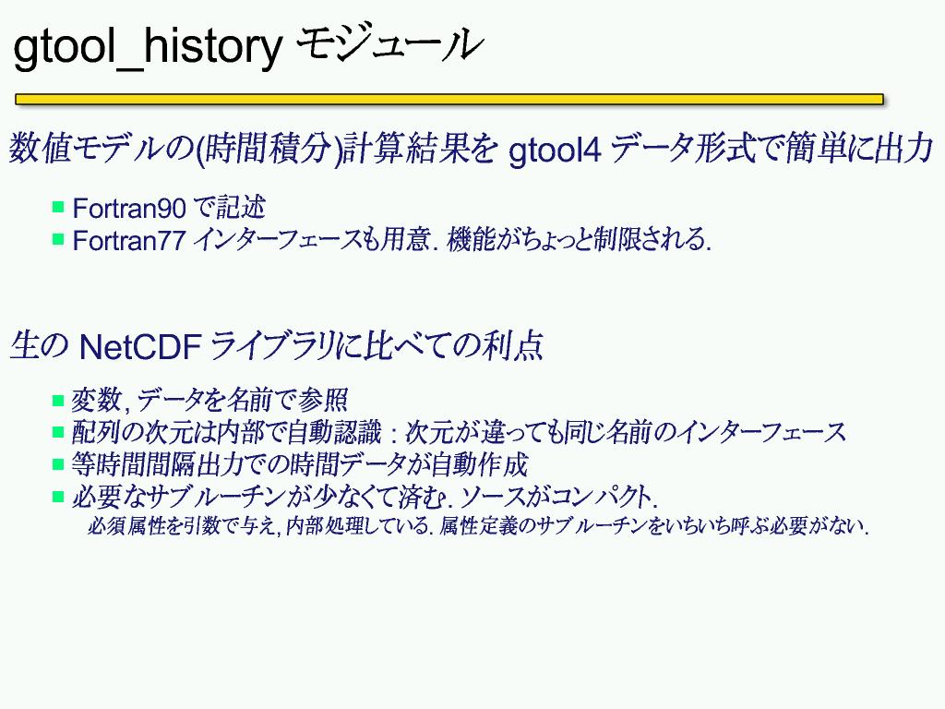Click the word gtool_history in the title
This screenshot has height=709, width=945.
tap(148, 47)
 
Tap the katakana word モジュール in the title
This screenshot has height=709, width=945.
tap(390, 44)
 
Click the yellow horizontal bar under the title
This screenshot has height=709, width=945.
tap(449, 99)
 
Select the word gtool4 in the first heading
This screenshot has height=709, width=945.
tap(555, 150)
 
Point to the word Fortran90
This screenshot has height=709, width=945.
tap(129, 209)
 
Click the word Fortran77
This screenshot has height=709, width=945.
tap(129, 241)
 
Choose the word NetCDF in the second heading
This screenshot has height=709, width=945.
tap(140, 347)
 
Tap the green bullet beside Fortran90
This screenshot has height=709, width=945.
tap(58, 208)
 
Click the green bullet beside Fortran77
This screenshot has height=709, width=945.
tap(58, 239)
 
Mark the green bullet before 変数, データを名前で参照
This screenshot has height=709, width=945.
tap(58, 401)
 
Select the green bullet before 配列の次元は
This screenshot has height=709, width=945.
tap(58, 432)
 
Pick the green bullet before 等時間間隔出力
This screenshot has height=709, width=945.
tap(58, 464)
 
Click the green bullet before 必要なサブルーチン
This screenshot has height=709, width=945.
tap(58, 497)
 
